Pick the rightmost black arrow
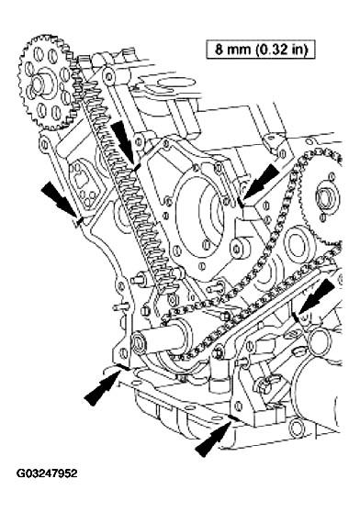317,298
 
